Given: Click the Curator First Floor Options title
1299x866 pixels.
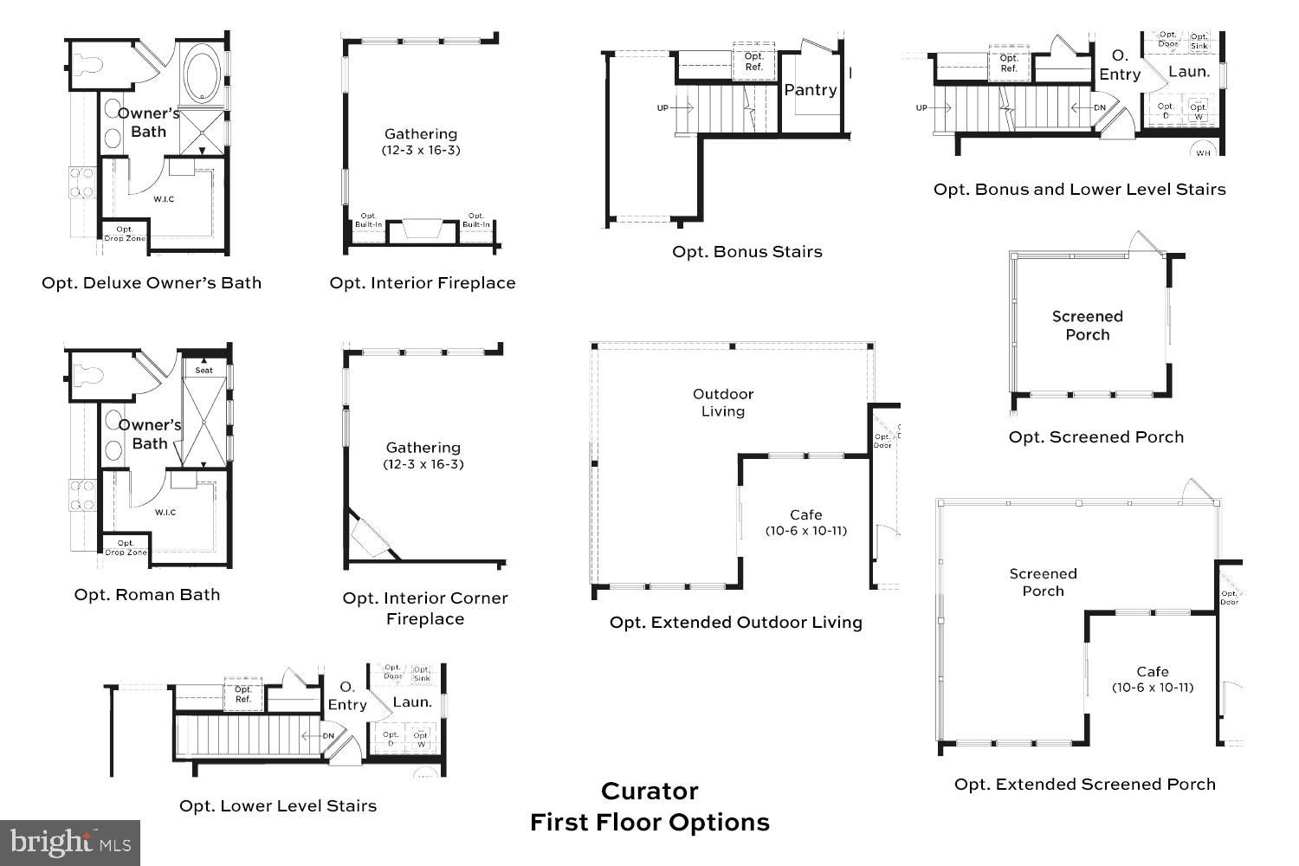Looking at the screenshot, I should tap(649, 806).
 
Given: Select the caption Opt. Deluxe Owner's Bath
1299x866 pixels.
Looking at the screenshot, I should tap(152, 283).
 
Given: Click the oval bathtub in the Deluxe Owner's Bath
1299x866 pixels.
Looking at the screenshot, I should tap(204, 76).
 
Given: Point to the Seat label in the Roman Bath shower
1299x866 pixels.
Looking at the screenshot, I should tap(204, 371).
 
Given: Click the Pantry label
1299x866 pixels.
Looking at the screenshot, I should tap(811, 90).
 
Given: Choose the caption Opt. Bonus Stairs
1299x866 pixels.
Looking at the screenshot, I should tap(747, 252).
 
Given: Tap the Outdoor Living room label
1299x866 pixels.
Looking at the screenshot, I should tap(723, 403).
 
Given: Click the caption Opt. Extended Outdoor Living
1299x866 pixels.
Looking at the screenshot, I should tap(736, 623).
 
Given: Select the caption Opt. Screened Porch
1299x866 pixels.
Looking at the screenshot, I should tap(1095, 437).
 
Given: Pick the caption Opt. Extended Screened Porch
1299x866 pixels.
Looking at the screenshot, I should tap(1084, 785).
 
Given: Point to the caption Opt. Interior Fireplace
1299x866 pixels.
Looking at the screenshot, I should tap(423, 283).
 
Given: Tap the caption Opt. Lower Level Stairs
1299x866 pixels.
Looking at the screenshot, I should tap(278, 806).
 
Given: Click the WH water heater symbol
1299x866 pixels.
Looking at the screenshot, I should tap(1203, 153).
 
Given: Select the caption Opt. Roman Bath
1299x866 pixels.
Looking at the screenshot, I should tap(147, 595).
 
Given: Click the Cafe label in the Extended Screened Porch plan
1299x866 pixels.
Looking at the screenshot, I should tap(1153, 672).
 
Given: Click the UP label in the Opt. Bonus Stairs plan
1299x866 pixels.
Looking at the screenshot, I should tap(662, 108).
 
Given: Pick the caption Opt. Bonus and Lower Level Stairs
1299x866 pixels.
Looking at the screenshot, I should tap(1079, 190).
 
